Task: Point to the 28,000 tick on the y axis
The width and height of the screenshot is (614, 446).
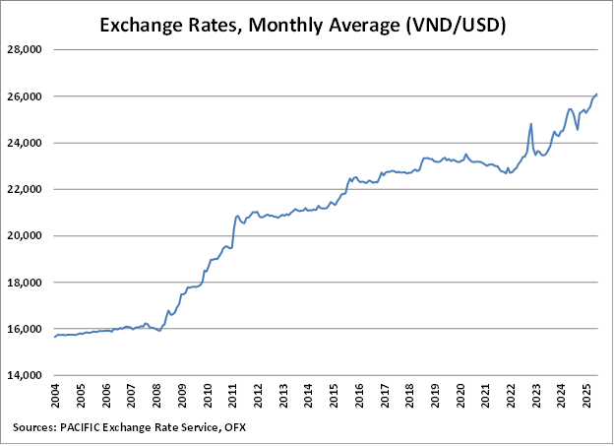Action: tap(28, 49)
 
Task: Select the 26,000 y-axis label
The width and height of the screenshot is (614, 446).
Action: tap(28, 96)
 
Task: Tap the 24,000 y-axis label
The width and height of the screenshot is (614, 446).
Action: tap(28, 143)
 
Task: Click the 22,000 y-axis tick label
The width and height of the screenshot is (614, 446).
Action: tap(28, 189)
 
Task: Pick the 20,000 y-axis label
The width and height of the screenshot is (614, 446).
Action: tap(28, 236)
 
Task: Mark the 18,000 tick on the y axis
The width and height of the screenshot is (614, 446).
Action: tap(28, 283)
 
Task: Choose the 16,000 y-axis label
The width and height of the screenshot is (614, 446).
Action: tap(28, 329)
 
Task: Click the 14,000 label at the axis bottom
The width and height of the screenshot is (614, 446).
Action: tap(28, 375)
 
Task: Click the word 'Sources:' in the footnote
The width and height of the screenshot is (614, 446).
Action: tap(37, 427)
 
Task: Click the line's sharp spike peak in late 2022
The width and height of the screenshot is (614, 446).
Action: tap(531, 124)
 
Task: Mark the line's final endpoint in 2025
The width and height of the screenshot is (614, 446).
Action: tap(597, 94)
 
